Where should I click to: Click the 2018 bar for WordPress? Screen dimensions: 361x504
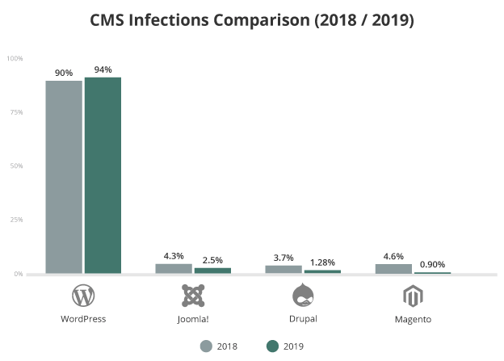(x=64, y=177)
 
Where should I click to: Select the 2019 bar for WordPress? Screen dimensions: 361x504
(x=103, y=175)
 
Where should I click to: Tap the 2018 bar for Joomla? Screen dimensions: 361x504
(x=174, y=268)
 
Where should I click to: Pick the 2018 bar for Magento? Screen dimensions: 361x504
(x=393, y=268)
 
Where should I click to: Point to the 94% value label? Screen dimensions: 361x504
(x=103, y=69)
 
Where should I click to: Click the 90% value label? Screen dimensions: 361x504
(x=64, y=73)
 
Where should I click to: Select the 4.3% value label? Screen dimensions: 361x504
(x=174, y=257)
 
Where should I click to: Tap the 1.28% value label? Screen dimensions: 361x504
(x=323, y=262)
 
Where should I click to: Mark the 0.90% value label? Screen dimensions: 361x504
(x=432, y=264)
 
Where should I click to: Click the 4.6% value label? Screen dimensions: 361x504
(x=393, y=257)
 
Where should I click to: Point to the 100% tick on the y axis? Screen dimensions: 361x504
(x=15, y=58)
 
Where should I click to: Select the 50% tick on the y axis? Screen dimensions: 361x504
(x=15, y=166)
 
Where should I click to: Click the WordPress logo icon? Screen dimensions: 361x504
(x=83, y=296)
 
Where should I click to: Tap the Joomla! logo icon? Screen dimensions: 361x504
(x=193, y=296)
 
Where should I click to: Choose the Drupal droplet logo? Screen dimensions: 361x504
(x=303, y=296)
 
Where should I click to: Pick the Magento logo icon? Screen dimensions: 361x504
(x=413, y=296)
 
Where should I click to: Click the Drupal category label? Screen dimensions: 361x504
(x=303, y=318)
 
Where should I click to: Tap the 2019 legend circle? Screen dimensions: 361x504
(x=272, y=346)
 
